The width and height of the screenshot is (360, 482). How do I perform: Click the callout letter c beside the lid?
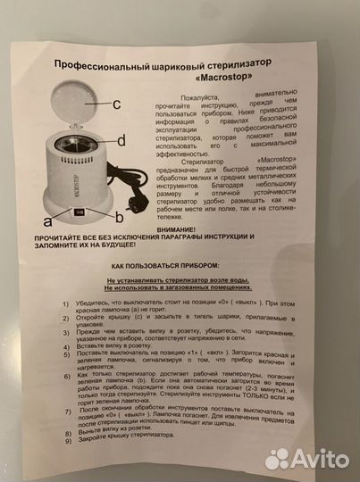pos(117,104)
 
